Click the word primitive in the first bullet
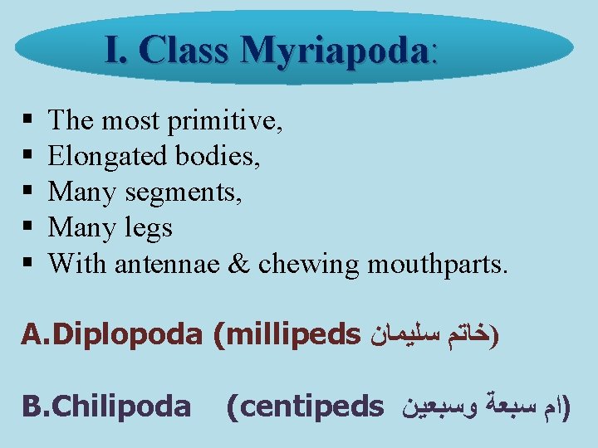click(x=225, y=121)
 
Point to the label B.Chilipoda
click(x=106, y=406)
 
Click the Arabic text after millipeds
click(x=432, y=335)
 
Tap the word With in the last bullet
click(x=78, y=264)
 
